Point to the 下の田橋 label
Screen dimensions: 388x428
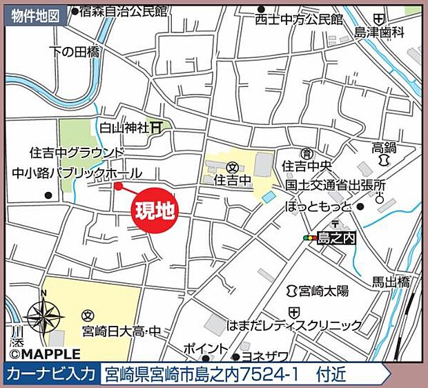pos(76,51)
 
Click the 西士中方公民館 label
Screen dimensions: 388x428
pos(298,19)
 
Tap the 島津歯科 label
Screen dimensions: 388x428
pos(378,32)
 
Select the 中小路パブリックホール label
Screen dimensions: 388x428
pos(77,173)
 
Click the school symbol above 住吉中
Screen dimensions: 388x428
pos(233,167)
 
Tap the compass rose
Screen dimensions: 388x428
pos(45,317)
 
